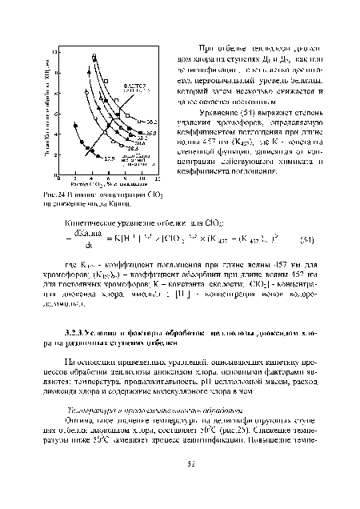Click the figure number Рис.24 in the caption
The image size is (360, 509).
[51, 192]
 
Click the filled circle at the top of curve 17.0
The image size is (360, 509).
[75, 126]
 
